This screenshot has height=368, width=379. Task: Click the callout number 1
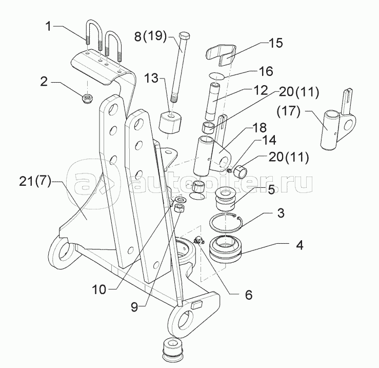(49, 26)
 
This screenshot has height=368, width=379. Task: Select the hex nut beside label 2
(86, 99)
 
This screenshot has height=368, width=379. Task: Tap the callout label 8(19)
(151, 36)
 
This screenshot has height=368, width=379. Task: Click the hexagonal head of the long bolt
(185, 36)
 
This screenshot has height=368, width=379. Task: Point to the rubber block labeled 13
(170, 123)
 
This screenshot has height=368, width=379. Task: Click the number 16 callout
(266, 71)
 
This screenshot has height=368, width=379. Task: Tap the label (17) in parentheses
(288, 111)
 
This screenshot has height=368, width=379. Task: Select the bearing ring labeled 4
(226, 249)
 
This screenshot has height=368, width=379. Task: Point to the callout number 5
(271, 189)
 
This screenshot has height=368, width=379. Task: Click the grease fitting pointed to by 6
(198, 240)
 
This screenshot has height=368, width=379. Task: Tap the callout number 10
(99, 289)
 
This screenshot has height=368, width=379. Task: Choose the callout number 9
(134, 306)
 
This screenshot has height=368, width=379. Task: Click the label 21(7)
(35, 181)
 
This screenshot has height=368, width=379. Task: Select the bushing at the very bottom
(173, 350)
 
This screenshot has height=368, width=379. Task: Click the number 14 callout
(269, 140)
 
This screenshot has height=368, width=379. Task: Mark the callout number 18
(260, 127)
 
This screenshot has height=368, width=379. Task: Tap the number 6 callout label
(249, 295)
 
